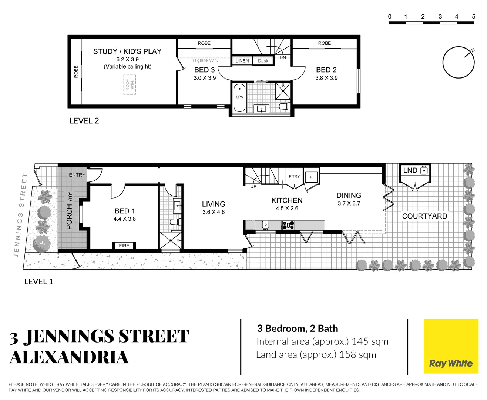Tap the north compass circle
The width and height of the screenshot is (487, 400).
click(x=459, y=62)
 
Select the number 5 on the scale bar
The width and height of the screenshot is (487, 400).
click(x=473, y=17)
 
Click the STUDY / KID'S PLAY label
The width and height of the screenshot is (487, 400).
click(x=127, y=51)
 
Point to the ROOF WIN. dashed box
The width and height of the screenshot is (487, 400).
click(x=130, y=84)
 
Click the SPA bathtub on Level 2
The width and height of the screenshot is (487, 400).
click(x=239, y=97)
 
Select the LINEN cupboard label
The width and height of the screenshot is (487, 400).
click(x=242, y=61)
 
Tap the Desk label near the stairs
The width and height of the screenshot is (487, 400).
click(x=263, y=61)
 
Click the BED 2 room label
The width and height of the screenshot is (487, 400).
click(x=326, y=70)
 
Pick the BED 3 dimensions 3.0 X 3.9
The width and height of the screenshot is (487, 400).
click(x=205, y=78)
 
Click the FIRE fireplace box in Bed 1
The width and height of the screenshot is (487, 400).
click(x=124, y=246)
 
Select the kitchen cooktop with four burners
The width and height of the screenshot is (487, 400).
click(x=288, y=225)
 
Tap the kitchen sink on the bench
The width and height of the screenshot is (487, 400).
click(x=265, y=224)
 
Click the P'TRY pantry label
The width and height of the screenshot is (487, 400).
click(x=294, y=176)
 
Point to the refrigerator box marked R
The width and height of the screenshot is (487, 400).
click(x=311, y=177)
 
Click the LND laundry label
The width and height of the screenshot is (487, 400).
click(x=410, y=170)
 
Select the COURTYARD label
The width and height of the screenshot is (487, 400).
click(x=424, y=216)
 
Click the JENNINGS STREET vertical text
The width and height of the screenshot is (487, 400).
click(x=21, y=215)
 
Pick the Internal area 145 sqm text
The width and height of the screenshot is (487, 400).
click(x=322, y=341)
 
